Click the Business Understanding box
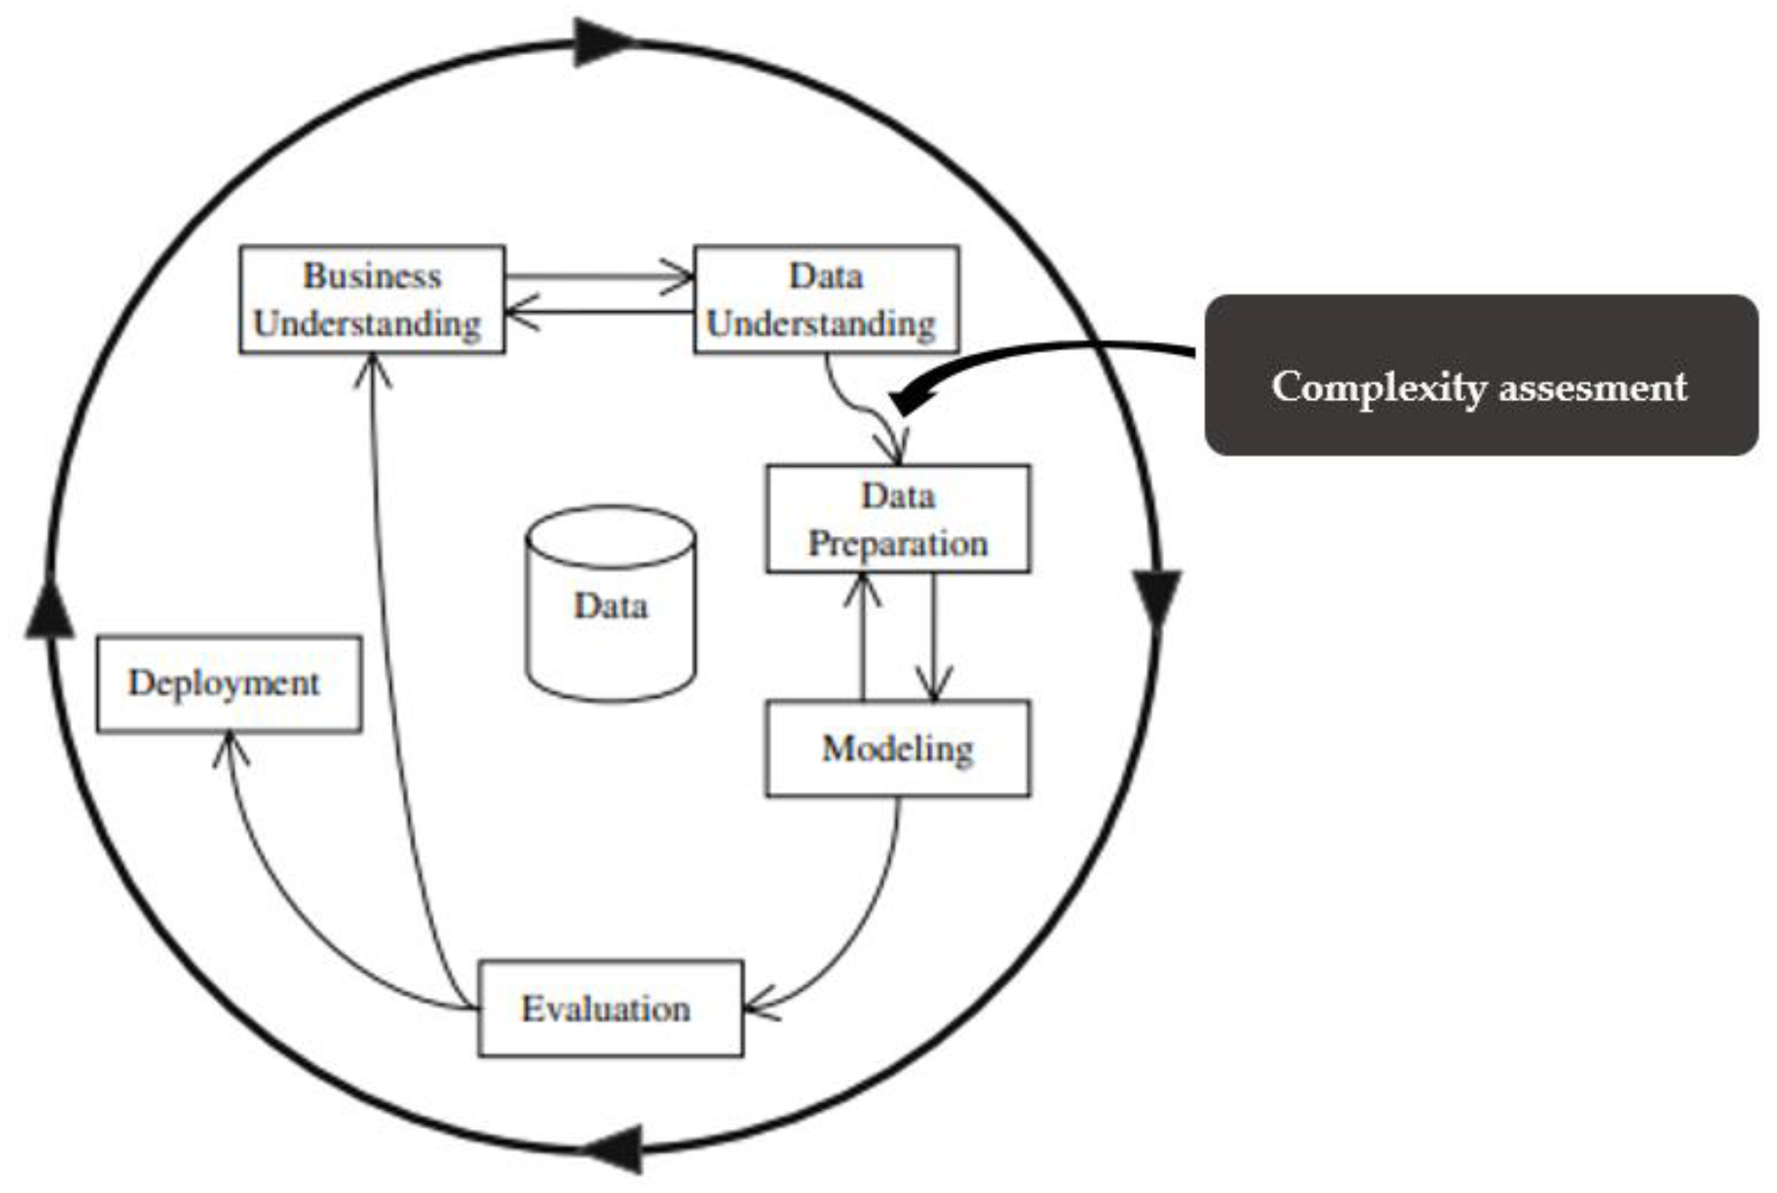[x=371, y=299]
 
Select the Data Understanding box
[x=826, y=299]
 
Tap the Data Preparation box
[x=897, y=519]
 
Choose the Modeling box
[x=897, y=749]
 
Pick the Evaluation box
[x=610, y=1009]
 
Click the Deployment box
[x=229, y=684]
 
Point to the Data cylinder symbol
[x=610, y=605]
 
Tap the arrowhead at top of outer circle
[x=602, y=41]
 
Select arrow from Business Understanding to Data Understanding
[x=598, y=277]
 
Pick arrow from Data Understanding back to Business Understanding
[x=598, y=311]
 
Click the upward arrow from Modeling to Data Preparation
[x=863, y=637]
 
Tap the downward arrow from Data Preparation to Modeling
[x=934, y=637]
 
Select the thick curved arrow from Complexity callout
[x=1036, y=350]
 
